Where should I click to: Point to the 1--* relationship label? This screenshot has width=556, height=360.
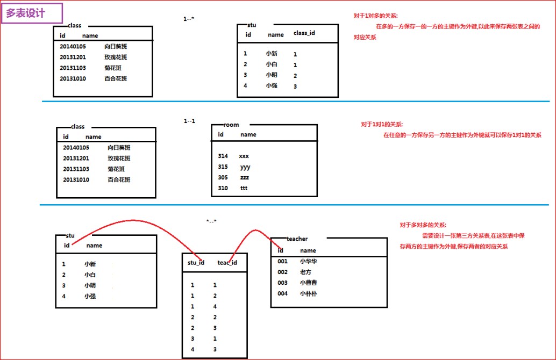[188, 19]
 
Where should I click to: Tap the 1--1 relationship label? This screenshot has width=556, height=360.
[189, 121]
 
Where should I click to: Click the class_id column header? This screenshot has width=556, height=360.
[304, 33]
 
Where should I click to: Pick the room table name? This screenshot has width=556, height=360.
[231, 125]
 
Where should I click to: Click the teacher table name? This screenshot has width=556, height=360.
[297, 239]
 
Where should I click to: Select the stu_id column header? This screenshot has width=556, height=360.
[196, 263]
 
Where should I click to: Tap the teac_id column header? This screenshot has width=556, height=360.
[227, 263]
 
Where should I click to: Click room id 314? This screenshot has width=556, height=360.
[223, 156]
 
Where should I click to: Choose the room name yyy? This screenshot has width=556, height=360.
[245, 167]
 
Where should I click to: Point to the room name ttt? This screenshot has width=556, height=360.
[244, 188]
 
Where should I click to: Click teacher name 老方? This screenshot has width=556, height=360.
[305, 272]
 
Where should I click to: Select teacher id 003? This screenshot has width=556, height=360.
[283, 283]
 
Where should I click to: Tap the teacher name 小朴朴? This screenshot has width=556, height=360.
[309, 293]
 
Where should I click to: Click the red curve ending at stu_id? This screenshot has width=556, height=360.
[134, 221]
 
